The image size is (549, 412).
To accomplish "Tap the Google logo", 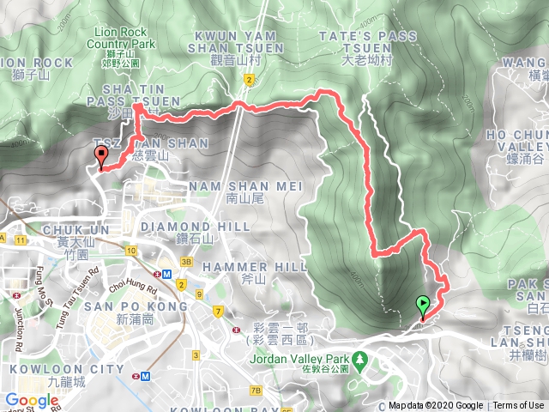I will [x=32, y=400].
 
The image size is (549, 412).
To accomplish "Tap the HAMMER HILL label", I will [x=254, y=268].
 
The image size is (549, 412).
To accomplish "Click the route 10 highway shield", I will [x=130, y=251].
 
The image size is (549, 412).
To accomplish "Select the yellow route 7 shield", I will [x=220, y=310].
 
